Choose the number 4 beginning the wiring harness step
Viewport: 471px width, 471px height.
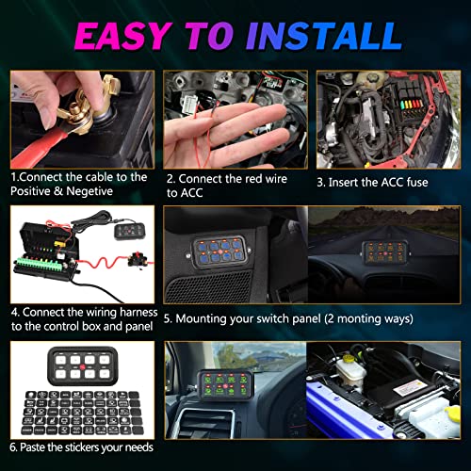click(x=15, y=309)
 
